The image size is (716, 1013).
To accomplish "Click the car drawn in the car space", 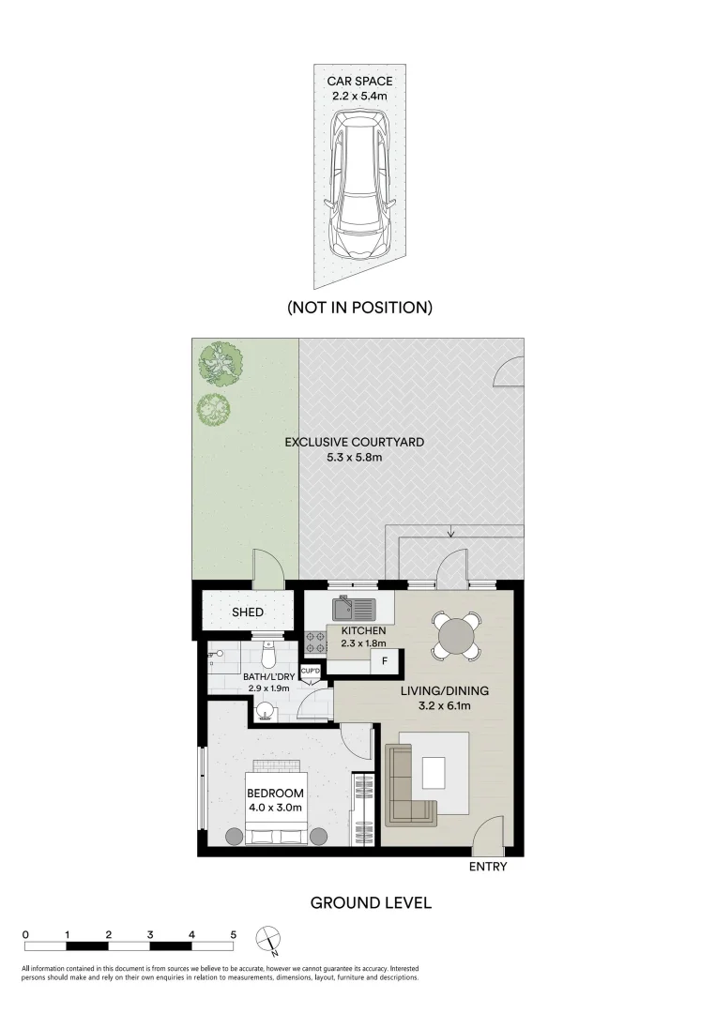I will pos(358,186).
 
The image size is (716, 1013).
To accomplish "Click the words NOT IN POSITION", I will pos(359,307).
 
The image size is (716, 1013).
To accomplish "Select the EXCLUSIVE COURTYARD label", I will pos(355,448).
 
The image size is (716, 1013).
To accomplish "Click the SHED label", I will pos(248,612).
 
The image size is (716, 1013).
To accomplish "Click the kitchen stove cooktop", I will pos(315,643).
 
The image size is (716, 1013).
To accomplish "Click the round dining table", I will pos(457,635).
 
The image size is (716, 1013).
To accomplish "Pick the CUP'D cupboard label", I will pos(312,671).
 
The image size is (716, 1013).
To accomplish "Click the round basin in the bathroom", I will pos(267,712).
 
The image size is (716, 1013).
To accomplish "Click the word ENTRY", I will pos(488,867).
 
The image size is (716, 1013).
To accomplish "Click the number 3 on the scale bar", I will pos(150,935).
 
